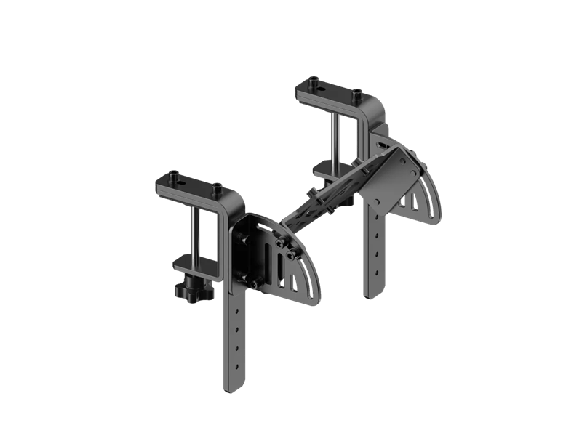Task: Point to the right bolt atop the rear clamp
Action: coord(356,93)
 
